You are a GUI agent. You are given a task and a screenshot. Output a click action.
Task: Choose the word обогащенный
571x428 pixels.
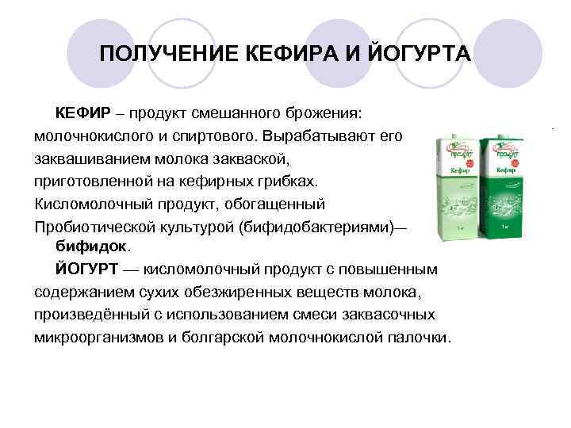pyautogui.click(x=274, y=204)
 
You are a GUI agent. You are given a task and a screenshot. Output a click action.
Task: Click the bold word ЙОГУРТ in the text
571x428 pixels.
pyautogui.click(x=84, y=269)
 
